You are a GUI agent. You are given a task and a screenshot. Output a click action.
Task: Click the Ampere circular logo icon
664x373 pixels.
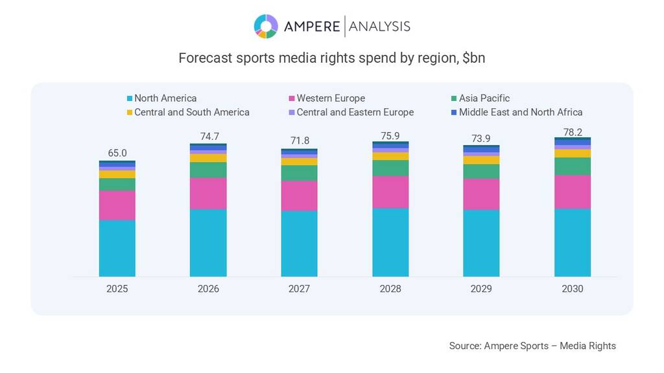266,27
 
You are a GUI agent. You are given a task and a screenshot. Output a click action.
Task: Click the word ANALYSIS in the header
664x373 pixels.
379,27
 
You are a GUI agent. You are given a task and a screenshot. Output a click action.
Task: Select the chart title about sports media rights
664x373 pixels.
331,58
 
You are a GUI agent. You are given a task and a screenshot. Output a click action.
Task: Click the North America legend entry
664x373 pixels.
165,98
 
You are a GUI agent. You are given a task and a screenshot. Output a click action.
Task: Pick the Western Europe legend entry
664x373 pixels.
330,98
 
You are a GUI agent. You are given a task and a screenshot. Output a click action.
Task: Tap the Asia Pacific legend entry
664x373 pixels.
484,98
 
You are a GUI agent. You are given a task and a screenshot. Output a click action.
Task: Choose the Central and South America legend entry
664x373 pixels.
191,112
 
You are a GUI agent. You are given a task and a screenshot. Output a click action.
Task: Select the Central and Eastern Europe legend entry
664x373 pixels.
355,112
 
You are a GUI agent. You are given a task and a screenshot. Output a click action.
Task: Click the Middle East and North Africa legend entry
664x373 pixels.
520,112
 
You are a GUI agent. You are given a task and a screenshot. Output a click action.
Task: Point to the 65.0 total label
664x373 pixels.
117,153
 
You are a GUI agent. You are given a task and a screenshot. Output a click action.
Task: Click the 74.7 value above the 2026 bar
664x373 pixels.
208,137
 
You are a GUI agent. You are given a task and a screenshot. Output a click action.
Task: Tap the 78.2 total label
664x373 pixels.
573,131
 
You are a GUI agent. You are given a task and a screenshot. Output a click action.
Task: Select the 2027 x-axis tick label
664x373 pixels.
299,289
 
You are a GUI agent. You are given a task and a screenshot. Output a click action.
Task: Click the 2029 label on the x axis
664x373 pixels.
481,289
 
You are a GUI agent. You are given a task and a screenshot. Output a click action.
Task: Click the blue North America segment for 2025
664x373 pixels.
117,248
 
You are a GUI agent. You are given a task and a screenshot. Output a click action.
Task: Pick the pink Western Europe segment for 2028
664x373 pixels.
390,192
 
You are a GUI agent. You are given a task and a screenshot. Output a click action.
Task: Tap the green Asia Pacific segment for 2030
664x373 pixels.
573,166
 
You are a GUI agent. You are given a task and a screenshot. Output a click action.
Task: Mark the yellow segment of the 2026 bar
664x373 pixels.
208,158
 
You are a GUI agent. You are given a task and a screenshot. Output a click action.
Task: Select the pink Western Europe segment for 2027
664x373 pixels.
299,196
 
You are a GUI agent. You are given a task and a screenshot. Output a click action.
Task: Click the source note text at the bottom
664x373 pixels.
532,346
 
